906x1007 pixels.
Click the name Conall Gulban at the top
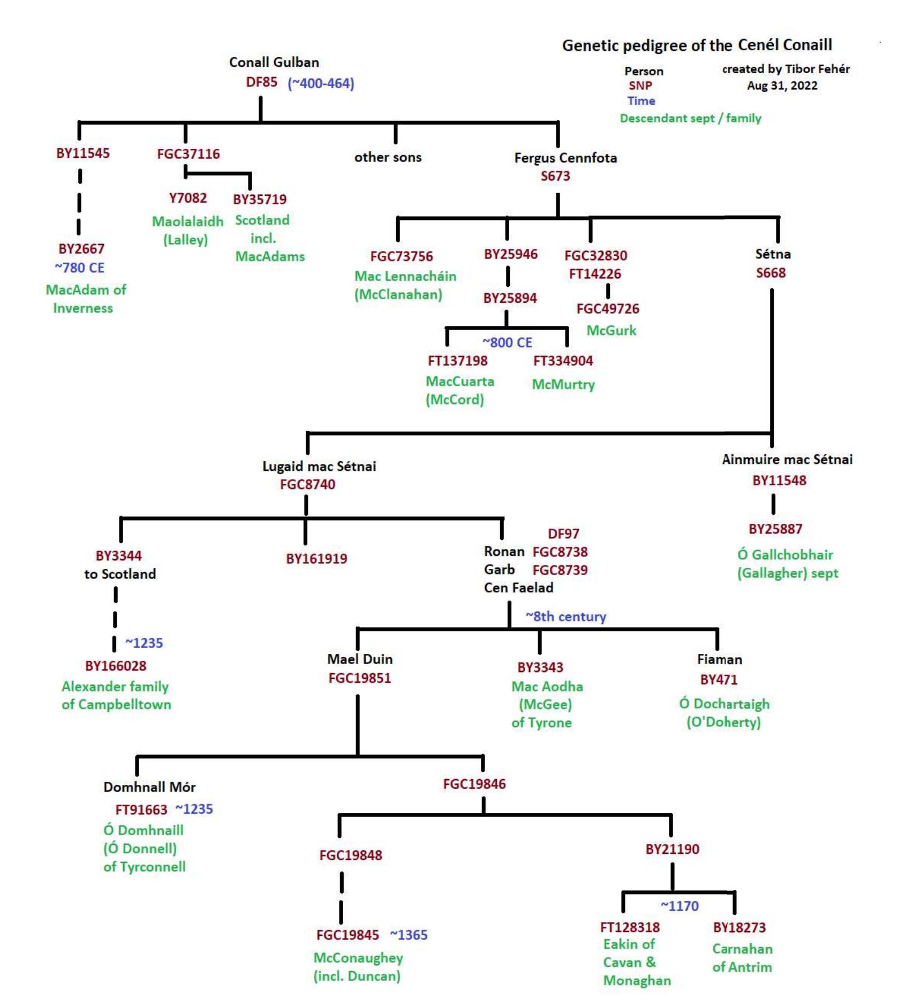click(274, 63)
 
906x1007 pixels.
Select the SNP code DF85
click(261, 82)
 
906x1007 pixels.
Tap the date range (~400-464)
click(321, 83)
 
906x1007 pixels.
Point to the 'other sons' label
click(388, 157)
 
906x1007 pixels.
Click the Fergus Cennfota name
click(565, 158)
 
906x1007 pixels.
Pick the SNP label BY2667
click(81, 249)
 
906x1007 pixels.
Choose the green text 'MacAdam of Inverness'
click(85, 299)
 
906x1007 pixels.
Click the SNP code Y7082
click(188, 199)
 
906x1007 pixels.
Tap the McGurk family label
click(611, 331)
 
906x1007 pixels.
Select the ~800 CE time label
click(507, 342)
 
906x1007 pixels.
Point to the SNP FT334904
click(563, 361)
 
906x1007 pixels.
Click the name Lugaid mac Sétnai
click(319, 467)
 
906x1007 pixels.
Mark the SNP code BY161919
click(316, 559)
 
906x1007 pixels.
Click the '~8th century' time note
click(565, 617)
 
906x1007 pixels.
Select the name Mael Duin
click(360, 659)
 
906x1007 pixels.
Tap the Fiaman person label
click(719, 660)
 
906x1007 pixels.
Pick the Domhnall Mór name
click(149, 787)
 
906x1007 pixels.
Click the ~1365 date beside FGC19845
click(409, 935)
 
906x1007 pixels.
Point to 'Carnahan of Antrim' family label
click(742, 958)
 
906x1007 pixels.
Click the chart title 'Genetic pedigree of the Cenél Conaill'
click(697, 45)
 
